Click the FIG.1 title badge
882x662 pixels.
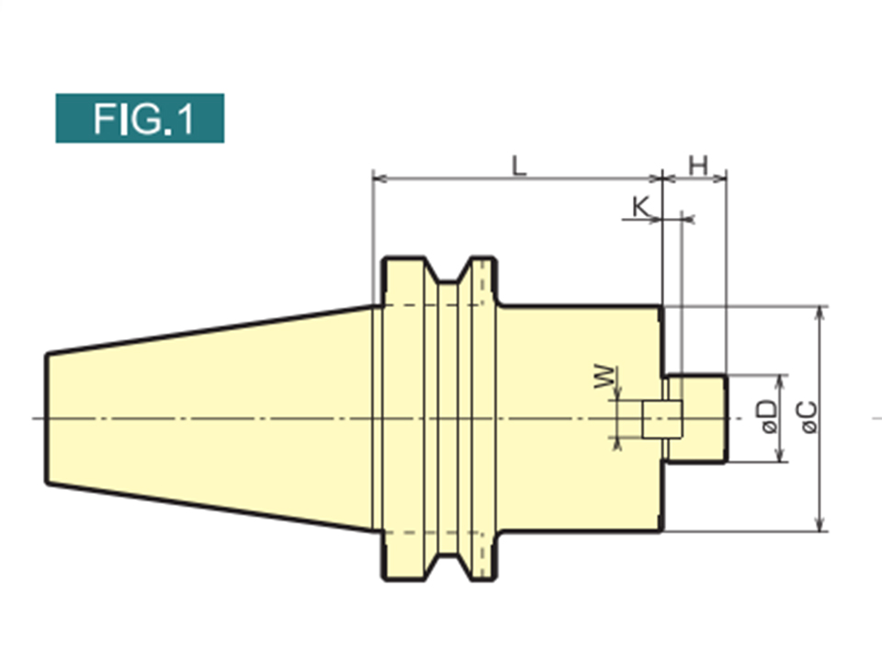click(140, 119)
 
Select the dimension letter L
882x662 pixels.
click(519, 166)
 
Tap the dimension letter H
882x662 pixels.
click(698, 166)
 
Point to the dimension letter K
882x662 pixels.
click(640, 207)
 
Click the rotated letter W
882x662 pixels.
click(605, 377)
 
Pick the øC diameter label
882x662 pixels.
click(809, 417)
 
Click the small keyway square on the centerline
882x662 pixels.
click(662, 419)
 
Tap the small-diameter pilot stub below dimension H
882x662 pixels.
click(696, 419)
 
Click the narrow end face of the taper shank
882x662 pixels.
click(47, 419)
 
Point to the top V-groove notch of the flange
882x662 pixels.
click(447, 270)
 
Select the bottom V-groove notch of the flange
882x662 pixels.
click(447, 567)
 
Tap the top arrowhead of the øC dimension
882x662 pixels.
click(820, 314)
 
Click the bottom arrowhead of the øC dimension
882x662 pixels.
click(820, 524)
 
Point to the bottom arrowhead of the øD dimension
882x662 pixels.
click(780, 455)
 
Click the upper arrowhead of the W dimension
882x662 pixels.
click(617, 394)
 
